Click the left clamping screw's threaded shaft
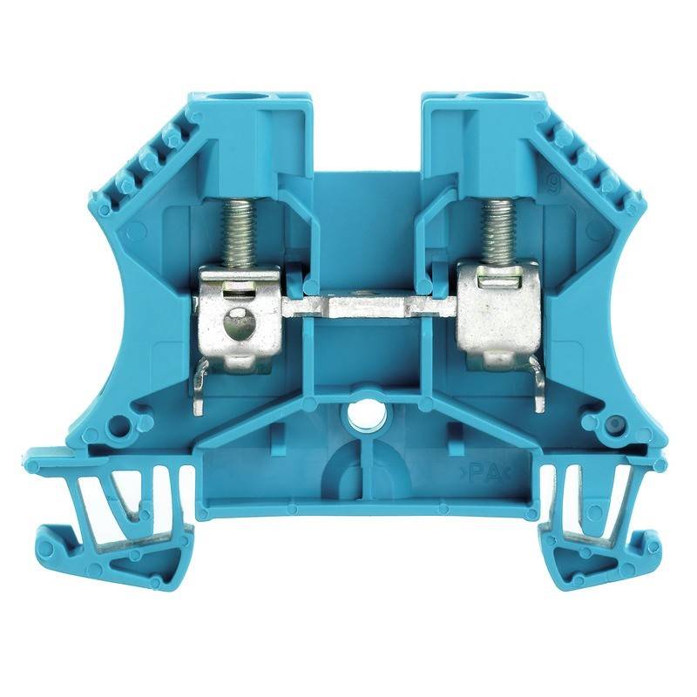pyautogui.click(x=236, y=228)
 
